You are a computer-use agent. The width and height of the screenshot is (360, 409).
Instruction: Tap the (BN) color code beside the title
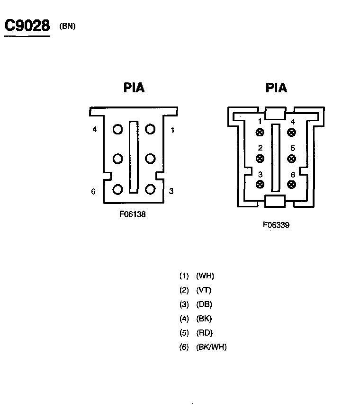[67, 26]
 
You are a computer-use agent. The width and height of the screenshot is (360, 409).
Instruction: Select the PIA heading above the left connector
[134, 88]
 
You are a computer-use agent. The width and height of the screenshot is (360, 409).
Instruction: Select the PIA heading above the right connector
[276, 88]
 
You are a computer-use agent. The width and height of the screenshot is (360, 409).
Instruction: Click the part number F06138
[133, 214]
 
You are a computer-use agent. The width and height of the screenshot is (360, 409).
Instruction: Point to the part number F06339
[276, 225]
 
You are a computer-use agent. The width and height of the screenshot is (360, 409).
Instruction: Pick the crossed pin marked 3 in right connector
[260, 184]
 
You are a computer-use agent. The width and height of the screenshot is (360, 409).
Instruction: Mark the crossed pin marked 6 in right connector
[292, 184]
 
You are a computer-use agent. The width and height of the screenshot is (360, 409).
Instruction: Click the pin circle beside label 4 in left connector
[117, 129]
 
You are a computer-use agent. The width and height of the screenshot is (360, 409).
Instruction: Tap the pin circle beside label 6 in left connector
[117, 189]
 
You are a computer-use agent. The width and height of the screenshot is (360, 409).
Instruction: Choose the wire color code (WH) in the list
[205, 276]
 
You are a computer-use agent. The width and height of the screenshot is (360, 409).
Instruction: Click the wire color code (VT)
[204, 290]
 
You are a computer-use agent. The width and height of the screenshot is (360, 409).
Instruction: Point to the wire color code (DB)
[204, 304]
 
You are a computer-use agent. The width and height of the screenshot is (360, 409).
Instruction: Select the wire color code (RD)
[204, 333]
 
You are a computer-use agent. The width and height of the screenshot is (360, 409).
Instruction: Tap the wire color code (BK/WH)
[211, 347]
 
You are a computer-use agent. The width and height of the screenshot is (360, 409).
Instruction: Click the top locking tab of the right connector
[275, 113]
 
